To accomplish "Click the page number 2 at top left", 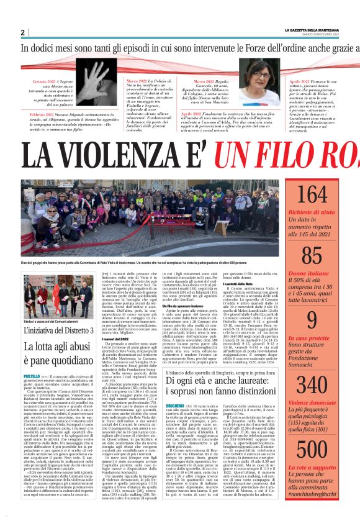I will (22, 32).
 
